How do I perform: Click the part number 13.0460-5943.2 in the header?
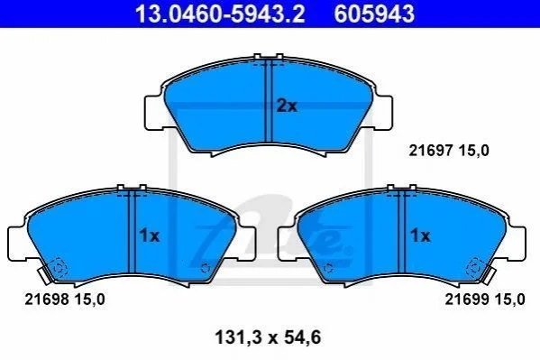pos(220,14)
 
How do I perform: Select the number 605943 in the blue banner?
pos(374,14)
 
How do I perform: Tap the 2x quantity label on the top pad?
pos(287,106)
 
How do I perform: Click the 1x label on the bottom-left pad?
pos(150,235)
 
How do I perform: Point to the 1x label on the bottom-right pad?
pos(420,235)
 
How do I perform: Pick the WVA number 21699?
pos(467,300)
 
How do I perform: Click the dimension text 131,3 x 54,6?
pos(268,337)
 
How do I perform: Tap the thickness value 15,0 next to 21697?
pos(473,151)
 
